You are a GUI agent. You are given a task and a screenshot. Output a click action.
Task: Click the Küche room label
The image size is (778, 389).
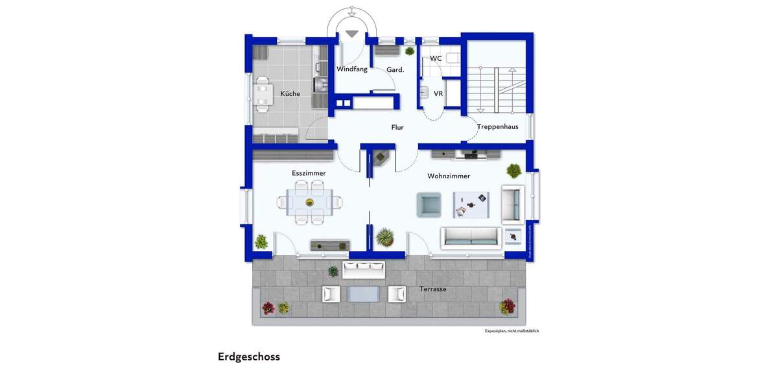tap(290, 94)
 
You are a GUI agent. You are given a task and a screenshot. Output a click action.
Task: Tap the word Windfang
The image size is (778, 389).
tap(351, 69)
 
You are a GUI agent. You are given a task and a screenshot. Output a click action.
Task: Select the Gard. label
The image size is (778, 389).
tap(395, 69)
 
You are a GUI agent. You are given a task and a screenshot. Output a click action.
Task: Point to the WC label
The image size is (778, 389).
tap(436, 58)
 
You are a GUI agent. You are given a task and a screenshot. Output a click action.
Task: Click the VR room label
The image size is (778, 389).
tap(438, 94)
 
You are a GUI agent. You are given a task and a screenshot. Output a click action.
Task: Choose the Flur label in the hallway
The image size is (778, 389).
tap(397, 128)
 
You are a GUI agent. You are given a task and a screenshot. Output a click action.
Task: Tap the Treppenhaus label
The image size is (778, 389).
tap(498, 127)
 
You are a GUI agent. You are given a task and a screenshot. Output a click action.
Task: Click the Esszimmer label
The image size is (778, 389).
tap(309, 173)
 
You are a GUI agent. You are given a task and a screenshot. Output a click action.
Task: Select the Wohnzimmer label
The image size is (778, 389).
tap(449, 176)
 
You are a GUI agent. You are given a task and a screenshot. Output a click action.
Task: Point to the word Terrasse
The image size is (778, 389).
tap(432, 289)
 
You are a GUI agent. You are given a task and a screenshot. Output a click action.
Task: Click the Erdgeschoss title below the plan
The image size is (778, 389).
tap(249, 357)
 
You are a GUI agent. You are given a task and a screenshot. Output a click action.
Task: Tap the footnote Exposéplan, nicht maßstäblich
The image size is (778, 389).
tap(512, 331)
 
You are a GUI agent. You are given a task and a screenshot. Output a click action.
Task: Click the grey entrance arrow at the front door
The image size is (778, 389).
tap(352, 34)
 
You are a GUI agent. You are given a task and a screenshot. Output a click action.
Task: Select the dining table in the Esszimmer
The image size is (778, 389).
tap(310, 202)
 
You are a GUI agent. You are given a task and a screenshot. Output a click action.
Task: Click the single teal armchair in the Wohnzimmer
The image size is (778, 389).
tap(428, 204)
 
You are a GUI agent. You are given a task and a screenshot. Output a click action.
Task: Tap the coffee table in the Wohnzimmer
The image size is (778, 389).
tap(471, 204)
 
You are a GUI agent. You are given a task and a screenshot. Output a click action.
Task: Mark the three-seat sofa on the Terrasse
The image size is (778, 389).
tap(364, 269)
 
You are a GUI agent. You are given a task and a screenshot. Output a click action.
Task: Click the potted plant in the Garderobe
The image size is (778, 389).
tap(409, 51)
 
